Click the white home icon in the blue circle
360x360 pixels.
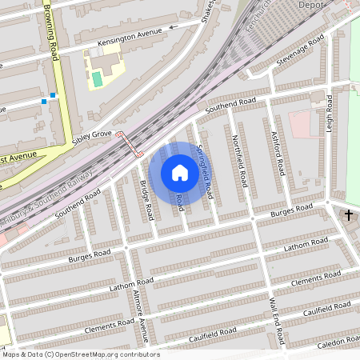click(x=180, y=173)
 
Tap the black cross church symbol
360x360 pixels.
click(x=349, y=215)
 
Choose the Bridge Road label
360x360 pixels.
click(x=147, y=199)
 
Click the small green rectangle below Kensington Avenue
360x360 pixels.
click(x=97, y=79)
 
